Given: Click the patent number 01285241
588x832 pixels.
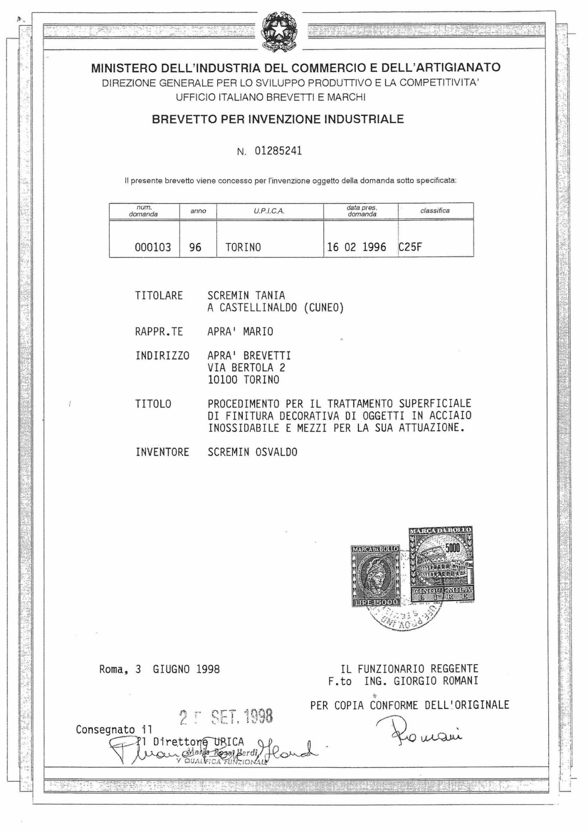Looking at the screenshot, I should [278, 151].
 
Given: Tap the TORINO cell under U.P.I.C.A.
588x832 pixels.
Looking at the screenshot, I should [243, 248].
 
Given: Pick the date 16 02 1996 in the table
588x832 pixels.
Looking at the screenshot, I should [356, 248].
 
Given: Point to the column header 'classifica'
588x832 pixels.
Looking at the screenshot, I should [435, 211].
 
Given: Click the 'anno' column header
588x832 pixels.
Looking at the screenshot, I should [198, 211].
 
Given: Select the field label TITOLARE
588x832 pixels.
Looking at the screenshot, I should [159, 296].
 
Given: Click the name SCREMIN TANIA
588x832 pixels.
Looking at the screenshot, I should [246, 296].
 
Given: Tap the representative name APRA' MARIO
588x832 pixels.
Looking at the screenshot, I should [240, 332].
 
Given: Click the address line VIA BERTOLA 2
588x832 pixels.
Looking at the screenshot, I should [246, 368].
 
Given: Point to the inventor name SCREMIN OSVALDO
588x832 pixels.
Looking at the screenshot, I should [252, 452].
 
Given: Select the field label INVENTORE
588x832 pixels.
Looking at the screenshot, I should [162, 452].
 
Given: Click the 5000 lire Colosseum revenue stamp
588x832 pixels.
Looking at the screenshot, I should [441, 564].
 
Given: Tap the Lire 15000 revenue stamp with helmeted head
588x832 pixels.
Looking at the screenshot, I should [375, 576].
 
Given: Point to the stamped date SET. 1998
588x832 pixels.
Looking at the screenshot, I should [242, 717].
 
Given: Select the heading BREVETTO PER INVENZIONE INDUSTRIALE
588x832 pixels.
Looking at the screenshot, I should [278, 120].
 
